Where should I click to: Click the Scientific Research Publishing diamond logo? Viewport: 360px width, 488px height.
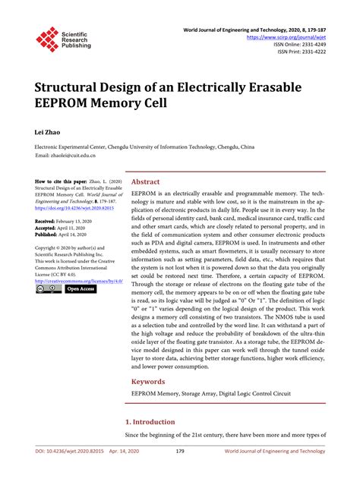tap(46, 39)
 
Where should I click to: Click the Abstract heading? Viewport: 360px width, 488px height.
tap(146, 182)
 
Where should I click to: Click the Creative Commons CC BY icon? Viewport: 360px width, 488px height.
tap(47, 289)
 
